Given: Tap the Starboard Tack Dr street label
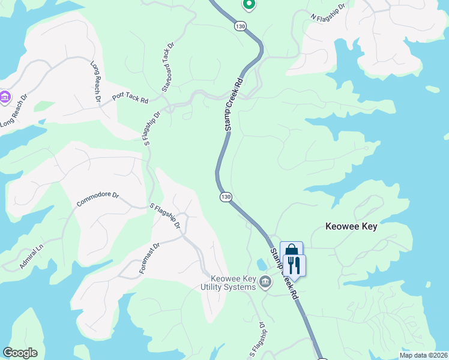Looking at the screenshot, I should pyautogui.click(x=167, y=67).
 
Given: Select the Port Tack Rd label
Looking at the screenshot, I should pyautogui.click(x=130, y=98).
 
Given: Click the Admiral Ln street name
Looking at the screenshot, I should pyautogui.click(x=31, y=256).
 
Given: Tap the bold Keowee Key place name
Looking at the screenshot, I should pyautogui.click(x=351, y=227).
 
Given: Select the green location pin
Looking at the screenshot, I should pyautogui.click(x=249, y=4).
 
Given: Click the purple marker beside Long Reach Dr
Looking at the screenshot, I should pyautogui.click(x=5, y=96).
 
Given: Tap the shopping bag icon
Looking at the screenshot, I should pyautogui.click(x=291, y=250).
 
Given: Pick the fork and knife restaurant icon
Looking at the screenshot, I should pyautogui.click(x=294, y=265).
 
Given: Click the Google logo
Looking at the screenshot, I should pyautogui.click(x=20, y=353).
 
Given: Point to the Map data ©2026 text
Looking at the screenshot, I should pyautogui.click(x=423, y=355).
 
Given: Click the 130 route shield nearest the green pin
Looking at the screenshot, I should pyautogui.click(x=241, y=26).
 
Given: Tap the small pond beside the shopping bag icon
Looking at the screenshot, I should pyautogui.click(x=262, y=264).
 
